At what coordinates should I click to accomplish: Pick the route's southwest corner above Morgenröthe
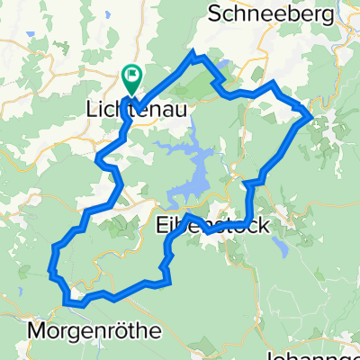click(x=52, y=266)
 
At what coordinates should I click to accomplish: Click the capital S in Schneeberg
click(x=214, y=13)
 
